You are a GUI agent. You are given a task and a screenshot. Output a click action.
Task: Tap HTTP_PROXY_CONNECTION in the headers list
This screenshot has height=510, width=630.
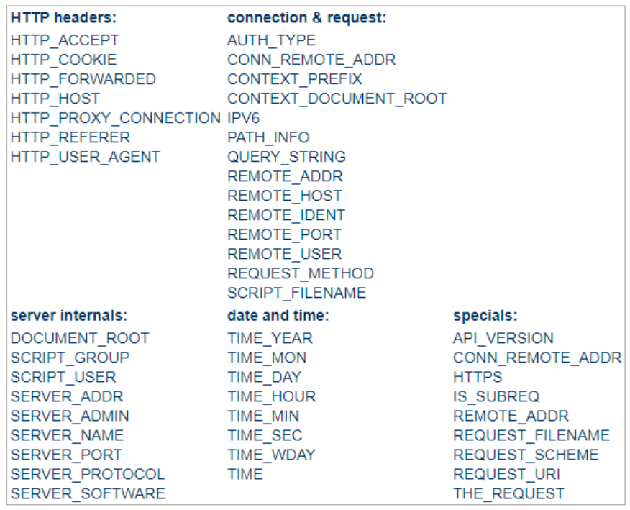114,117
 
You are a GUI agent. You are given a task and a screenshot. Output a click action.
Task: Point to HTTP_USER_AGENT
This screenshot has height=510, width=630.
85,156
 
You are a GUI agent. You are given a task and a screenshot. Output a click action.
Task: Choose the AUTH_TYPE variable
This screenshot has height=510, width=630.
271,40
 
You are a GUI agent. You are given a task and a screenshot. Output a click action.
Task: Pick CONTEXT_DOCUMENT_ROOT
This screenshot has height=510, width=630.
337,98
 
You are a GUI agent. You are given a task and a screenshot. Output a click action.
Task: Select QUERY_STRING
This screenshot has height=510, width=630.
286,156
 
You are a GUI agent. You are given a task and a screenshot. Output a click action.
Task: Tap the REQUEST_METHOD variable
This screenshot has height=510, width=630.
301,273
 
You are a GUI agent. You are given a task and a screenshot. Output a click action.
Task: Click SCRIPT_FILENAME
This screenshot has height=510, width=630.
297,293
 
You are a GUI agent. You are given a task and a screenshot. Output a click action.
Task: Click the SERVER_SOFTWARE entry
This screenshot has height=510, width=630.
88,493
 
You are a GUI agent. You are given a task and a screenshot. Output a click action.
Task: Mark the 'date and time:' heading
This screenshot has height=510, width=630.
278,316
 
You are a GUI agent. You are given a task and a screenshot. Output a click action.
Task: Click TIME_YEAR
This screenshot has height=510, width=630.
270,337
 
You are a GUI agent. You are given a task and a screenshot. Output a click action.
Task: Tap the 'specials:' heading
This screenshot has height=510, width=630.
485,316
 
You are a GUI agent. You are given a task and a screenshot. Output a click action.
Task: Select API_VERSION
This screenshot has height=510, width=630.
503,337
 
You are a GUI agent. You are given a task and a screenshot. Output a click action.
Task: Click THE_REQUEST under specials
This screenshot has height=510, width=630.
509,493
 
